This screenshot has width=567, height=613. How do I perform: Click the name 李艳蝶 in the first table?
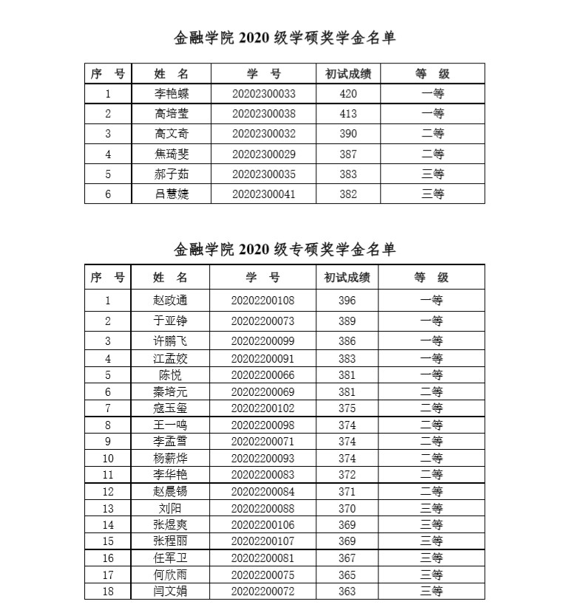171,94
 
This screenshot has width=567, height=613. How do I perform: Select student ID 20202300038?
263,114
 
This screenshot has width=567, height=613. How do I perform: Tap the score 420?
347,94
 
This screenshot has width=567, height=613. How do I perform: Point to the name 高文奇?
171,134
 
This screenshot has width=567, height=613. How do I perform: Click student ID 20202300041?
263,194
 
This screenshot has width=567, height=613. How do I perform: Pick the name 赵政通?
170,301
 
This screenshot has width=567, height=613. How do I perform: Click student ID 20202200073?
262,321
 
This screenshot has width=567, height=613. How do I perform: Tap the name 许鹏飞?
170,341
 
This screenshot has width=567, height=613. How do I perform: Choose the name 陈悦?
170,375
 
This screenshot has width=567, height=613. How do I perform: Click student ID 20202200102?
262,408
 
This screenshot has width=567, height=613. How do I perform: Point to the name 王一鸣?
170,425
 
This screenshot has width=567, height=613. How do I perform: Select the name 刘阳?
170,508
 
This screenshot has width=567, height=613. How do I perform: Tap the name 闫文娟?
170,592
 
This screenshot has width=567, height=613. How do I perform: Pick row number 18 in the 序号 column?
108,592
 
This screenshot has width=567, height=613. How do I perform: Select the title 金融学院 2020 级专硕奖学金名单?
285,250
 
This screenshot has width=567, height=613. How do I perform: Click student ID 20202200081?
262,558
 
